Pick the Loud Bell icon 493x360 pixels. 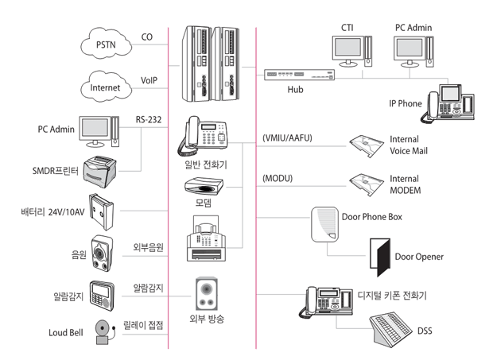pos(103,331)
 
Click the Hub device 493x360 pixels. pos(297,75)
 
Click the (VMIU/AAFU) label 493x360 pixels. pos(287,138)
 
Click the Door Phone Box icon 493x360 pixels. pos(324,224)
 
